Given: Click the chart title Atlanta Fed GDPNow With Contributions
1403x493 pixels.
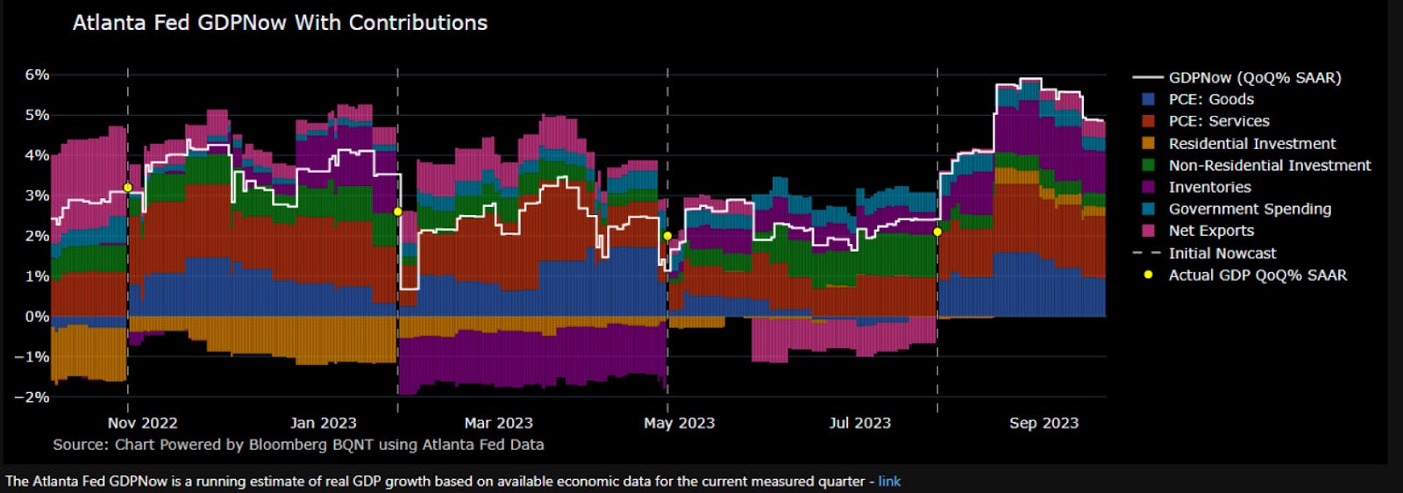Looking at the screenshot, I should coord(280,23).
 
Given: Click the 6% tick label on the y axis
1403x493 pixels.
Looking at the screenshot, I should coord(37,75).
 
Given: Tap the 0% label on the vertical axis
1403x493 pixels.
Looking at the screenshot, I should coord(37,317).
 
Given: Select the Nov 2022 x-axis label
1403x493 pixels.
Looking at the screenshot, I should coord(142,423).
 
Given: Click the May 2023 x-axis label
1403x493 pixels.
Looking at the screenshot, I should coord(679,423).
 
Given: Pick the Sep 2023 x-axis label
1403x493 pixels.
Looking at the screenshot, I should coord(1043,423).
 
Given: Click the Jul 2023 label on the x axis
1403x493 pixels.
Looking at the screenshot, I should coord(859,423).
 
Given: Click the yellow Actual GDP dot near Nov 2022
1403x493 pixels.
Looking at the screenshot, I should coord(128,188).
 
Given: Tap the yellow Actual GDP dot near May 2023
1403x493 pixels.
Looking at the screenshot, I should coord(667,236).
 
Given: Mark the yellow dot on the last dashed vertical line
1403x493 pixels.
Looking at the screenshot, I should coord(937,232).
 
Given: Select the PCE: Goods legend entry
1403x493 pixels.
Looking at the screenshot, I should coord(1211,100).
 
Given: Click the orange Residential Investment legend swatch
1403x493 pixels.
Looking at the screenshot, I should coord(1148,144).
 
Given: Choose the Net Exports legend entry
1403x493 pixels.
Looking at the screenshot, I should coord(1211,231).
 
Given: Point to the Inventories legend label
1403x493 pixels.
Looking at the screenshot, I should coord(1209,188).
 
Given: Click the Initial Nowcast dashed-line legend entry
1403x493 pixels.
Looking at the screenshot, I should coord(1221,254).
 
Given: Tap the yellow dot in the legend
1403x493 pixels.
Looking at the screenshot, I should coord(1148,275).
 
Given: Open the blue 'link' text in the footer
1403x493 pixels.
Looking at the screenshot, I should coord(889,482).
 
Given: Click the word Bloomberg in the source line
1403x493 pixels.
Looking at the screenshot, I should coord(288,445).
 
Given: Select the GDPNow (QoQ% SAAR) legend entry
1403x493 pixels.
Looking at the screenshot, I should coord(1254,78).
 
